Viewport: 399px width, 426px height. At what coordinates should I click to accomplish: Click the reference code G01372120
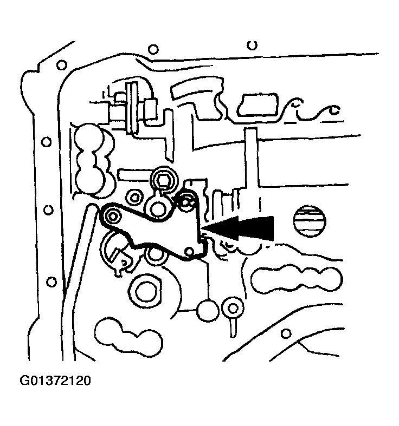(x=56, y=381)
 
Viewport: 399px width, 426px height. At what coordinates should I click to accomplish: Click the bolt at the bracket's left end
(x=113, y=217)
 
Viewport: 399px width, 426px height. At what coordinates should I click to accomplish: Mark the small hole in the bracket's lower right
(x=189, y=251)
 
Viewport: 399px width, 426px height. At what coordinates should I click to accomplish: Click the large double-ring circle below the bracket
(x=146, y=292)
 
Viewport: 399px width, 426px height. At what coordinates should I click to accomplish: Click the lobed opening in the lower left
(x=127, y=336)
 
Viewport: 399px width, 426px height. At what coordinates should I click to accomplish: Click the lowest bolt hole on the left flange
(x=52, y=281)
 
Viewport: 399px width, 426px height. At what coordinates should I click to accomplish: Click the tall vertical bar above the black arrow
(x=251, y=162)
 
